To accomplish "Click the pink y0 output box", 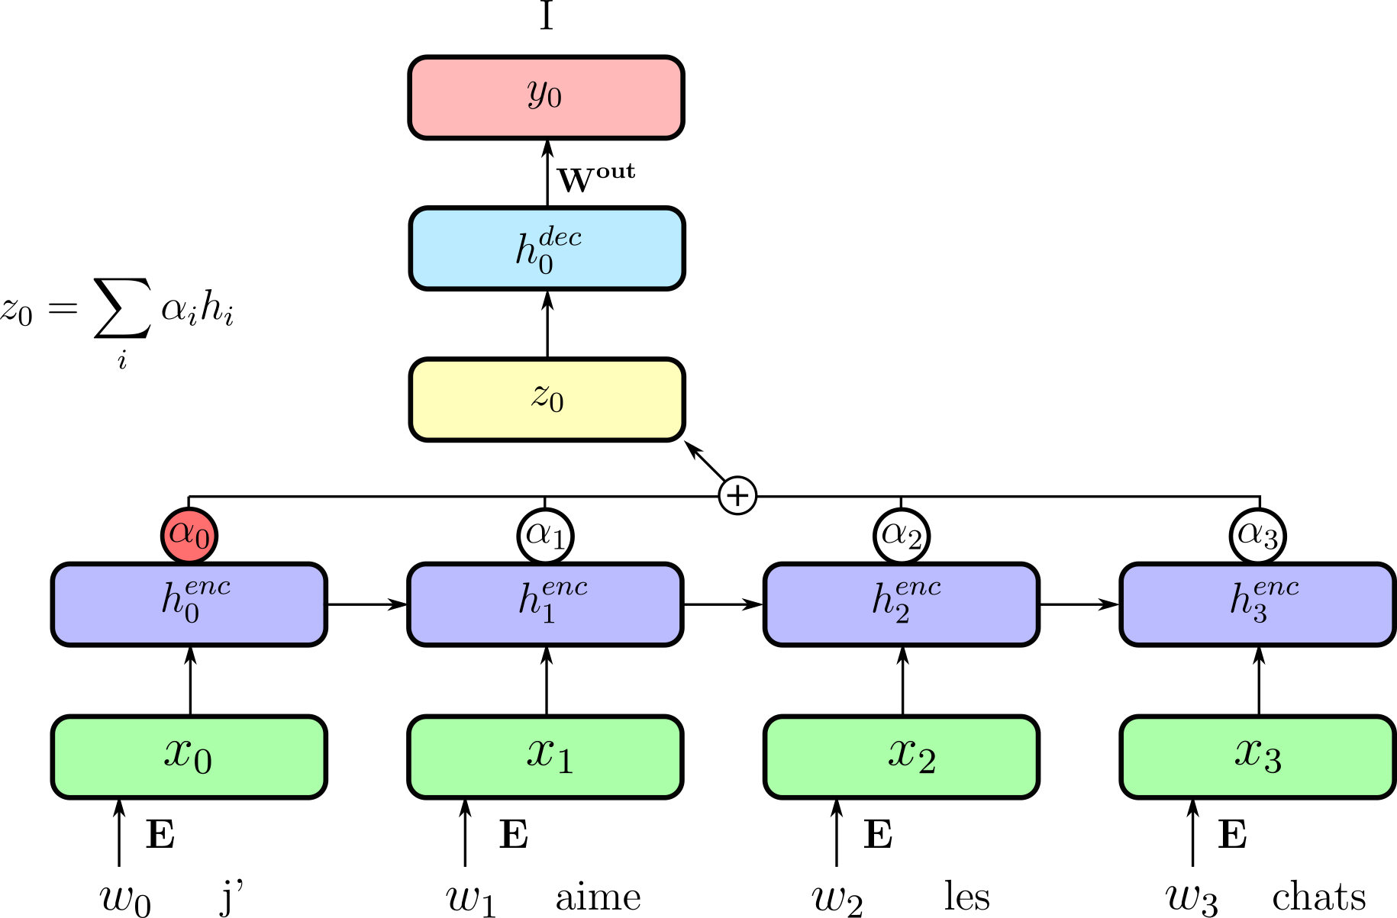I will point(546,98).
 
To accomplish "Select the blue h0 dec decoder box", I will point(547,249).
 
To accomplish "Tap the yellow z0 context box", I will point(547,400).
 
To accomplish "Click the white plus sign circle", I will point(737,496).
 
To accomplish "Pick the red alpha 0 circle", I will point(189,536).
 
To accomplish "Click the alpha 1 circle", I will point(546,536).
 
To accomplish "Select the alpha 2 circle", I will point(902,536).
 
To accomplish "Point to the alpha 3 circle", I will point(1257,536).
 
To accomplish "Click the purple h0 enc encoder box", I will point(189,604).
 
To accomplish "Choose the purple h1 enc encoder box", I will point(545,604).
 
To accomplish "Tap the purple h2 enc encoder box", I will point(902,604).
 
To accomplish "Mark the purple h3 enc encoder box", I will point(1257,604).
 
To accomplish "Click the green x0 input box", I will point(189,757).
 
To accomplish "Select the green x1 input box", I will point(545,757).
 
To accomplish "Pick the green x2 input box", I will point(902,757).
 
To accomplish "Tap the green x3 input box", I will point(1257,757).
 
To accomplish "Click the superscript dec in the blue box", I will point(560,237).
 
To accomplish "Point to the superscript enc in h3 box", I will point(1276,587).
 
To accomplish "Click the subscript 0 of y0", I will point(554,99).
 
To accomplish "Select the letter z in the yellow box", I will point(540,396).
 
